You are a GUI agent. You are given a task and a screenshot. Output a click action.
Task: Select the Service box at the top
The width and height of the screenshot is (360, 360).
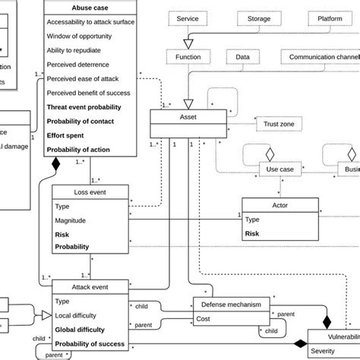pos(188,17)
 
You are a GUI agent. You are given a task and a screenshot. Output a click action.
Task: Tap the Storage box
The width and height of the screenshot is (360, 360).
pos(259,17)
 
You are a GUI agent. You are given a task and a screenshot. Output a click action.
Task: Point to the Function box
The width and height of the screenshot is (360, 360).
pos(188,57)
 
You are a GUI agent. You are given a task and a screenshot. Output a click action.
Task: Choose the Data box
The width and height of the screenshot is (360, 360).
pos(243,57)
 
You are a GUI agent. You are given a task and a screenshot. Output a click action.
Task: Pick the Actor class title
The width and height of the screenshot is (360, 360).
pos(280,205)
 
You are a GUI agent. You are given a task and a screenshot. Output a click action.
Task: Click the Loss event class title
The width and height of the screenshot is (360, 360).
pos(89,191)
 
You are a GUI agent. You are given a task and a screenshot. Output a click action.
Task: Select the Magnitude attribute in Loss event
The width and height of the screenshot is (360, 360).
pos(73,219)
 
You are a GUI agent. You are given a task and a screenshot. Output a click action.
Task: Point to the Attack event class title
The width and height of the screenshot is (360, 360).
pos(89,286)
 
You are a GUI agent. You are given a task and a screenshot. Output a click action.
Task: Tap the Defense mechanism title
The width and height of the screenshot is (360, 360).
pos(231,305)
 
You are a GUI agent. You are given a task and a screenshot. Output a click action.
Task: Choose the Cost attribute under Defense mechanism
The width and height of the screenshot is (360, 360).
pos(204,319)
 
